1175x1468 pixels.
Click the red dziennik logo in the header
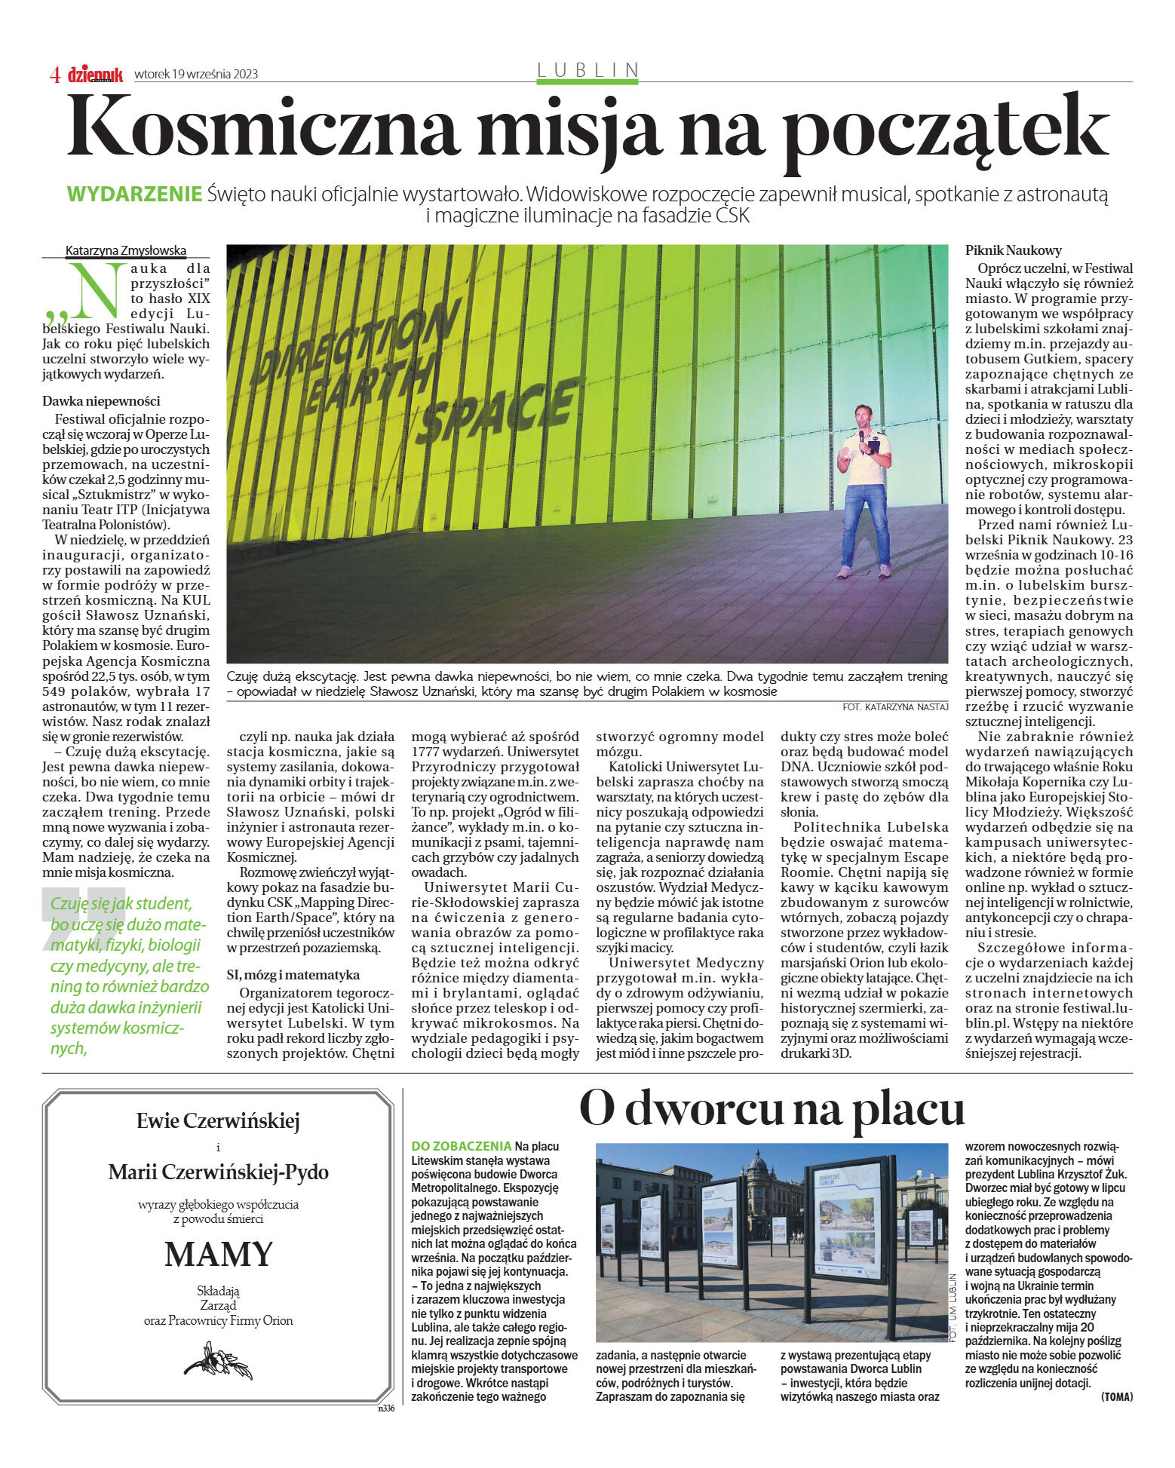coord(95,74)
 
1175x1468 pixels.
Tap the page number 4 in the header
coord(54,74)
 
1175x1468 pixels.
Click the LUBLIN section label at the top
coord(587,70)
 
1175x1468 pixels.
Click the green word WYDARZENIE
coord(134,194)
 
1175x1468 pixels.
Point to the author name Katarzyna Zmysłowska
coord(126,251)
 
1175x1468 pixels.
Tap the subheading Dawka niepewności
coord(101,401)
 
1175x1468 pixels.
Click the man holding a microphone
coord(864,490)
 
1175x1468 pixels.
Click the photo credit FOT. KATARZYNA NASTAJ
coord(894,706)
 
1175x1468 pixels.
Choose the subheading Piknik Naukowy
coord(1013,250)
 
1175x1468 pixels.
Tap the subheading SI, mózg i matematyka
coord(293,975)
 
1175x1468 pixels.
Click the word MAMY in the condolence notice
coord(218,1254)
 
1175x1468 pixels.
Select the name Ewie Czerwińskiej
coord(218,1121)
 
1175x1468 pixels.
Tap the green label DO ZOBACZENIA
coord(462,1146)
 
